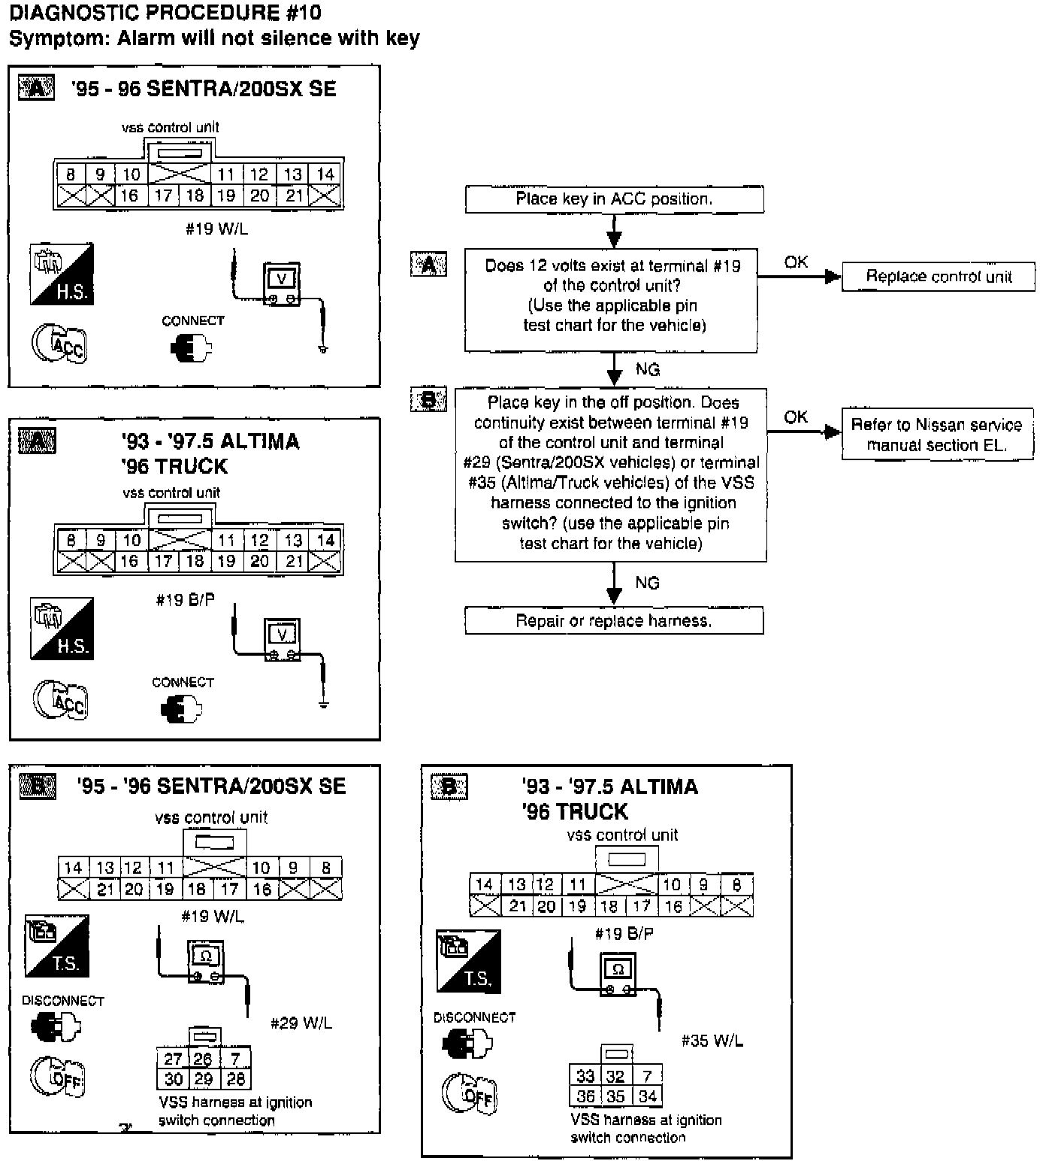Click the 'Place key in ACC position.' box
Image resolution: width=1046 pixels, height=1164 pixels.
pyautogui.click(x=614, y=199)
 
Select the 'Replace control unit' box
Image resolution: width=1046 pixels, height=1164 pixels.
pyautogui.click(x=938, y=277)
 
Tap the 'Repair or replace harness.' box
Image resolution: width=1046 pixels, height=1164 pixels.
pyautogui.click(x=613, y=621)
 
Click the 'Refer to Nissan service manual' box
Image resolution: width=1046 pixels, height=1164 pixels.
pyautogui.click(x=936, y=435)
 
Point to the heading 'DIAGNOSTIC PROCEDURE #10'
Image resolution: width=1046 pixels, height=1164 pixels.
pyautogui.click(x=165, y=12)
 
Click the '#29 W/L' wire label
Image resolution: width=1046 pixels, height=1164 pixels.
pyautogui.click(x=301, y=1023)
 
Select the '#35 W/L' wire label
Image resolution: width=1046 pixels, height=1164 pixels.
pyautogui.click(x=712, y=1041)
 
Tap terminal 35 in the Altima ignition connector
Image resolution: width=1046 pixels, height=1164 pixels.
pyautogui.click(x=615, y=1096)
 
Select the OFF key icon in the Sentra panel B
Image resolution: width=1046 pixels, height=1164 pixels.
pyautogui.click(x=58, y=1076)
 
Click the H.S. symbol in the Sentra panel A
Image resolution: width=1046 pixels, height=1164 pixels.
pyautogui.click(x=62, y=274)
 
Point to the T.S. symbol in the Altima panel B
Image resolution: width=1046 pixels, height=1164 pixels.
pyautogui.click(x=468, y=961)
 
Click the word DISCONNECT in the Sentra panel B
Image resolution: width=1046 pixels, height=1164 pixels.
pyautogui.click(x=63, y=1001)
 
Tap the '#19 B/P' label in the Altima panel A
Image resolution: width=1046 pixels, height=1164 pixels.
pyautogui.click(x=185, y=599)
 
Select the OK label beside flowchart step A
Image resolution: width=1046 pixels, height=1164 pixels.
pyautogui.click(x=796, y=262)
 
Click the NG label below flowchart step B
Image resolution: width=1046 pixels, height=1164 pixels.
pyautogui.click(x=647, y=583)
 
